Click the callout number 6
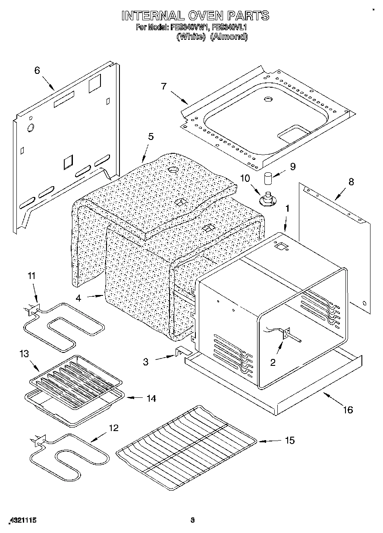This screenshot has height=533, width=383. coord(37,70)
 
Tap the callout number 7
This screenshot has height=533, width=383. coord(163,86)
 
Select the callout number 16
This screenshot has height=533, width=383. coord(348,410)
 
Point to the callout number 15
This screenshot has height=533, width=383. coord(289,440)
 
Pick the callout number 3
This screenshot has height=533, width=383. coord(146,362)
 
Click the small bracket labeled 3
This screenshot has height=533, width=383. coord(180,351)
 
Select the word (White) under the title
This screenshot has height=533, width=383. coord(190,37)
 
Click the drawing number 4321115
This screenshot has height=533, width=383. coord(22,520)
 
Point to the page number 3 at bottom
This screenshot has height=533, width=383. coord(193,520)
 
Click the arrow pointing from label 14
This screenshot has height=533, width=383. coord(133,397)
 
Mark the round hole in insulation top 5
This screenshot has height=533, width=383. coord(173,170)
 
